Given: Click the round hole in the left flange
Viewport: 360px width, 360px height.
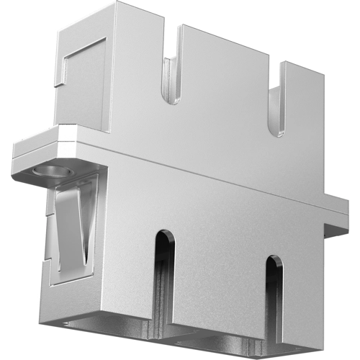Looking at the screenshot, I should (50, 172).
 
